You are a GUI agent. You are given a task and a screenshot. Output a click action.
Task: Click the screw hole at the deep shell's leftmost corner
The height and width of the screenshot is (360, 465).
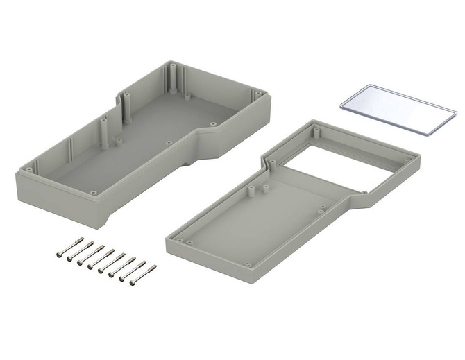pyautogui.click(x=26, y=169)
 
